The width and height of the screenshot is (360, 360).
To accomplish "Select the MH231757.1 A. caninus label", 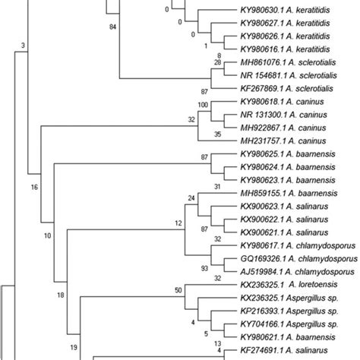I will [282, 141].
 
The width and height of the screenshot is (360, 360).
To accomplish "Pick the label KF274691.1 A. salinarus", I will [285, 348].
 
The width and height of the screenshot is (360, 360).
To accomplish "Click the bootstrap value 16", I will [33, 185].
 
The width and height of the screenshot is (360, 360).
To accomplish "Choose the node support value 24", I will [191, 197].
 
